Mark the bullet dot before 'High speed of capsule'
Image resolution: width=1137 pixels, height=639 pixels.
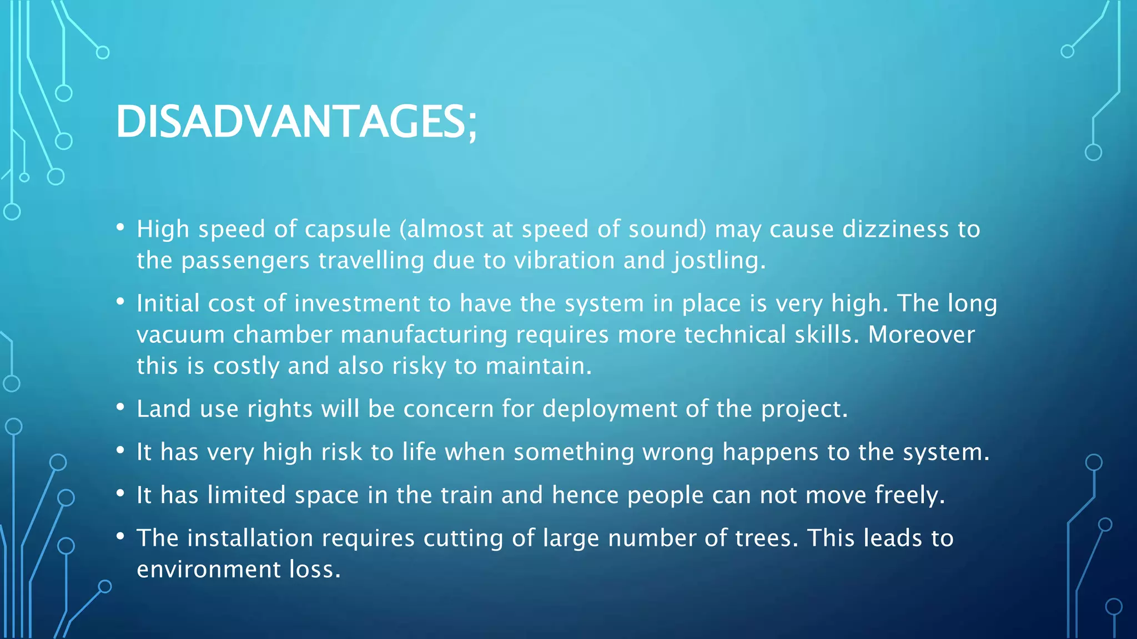tap(120, 227)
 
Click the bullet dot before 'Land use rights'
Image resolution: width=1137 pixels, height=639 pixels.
tap(120, 407)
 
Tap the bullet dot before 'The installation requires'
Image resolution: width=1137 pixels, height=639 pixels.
tap(120, 536)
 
